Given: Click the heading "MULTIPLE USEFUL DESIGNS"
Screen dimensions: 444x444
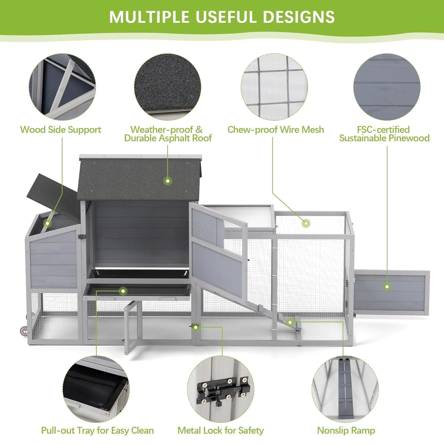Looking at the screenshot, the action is [222, 17].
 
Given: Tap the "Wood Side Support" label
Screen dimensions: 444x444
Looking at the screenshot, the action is [61, 130].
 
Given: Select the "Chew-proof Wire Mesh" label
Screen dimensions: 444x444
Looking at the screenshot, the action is [276, 130].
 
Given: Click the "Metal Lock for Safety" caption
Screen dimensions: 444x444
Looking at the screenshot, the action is [221, 430].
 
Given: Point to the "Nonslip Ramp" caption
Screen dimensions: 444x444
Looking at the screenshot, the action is [346, 430].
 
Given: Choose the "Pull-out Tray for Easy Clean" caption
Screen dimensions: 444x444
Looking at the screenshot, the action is [97, 430].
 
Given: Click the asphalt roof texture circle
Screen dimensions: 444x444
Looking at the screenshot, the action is [167, 87].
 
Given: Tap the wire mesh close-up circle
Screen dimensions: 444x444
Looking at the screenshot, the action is [274, 87].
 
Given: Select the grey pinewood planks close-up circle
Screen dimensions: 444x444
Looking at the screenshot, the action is [387, 87].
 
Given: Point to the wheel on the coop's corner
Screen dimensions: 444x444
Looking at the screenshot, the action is [24, 331].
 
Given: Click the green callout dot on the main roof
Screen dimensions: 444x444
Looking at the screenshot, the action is [167, 181].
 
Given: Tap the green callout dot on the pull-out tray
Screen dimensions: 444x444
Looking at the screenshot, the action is [123, 291].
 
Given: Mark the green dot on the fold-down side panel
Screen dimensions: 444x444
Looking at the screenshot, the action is [387, 287].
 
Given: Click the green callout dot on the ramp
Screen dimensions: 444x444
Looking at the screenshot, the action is [290, 322].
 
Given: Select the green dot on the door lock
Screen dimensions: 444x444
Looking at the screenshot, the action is [195, 327].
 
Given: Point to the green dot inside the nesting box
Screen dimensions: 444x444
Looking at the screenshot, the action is [47, 223].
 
